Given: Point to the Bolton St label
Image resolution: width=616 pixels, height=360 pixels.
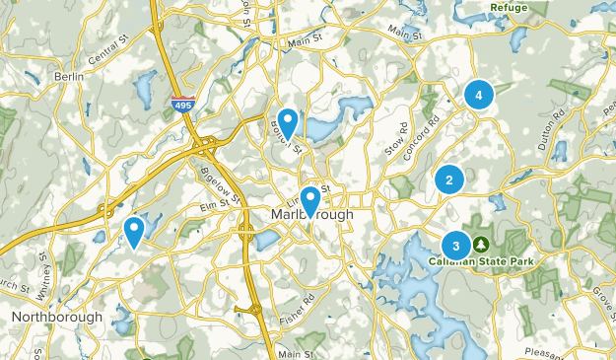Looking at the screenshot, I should click(x=285, y=138).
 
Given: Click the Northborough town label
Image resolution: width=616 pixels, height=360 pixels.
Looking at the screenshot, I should click(x=57, y=317).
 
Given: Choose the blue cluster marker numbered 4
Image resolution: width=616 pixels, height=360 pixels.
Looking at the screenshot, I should click(x=478, y=95).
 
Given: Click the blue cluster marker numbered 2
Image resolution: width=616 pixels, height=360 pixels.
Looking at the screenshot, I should click(x=449, y=180).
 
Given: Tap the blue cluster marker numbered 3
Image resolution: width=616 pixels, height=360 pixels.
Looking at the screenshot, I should click(x=455, y=245).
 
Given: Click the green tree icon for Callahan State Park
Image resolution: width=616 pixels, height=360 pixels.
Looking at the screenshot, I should click(x=481, y=244).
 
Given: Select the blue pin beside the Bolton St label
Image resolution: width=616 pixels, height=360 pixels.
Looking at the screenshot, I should click(x=288, y=120).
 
